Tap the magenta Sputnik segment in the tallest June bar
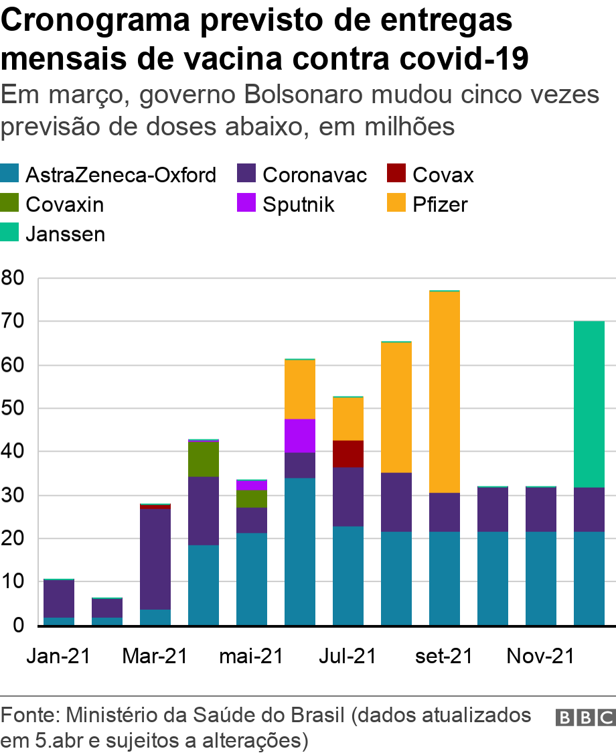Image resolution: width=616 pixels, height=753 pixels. pos(300,435)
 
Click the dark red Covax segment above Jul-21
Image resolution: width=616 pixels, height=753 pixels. pos(348,454)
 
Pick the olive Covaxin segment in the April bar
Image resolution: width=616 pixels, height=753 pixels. pos(204,459)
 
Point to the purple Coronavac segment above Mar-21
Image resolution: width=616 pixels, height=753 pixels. pos(155,559)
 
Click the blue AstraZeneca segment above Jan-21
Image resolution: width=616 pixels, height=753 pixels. pos(59,621)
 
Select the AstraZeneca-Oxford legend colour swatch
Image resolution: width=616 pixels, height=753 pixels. pos(11,176)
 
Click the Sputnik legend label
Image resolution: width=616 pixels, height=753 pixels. pos(298,204)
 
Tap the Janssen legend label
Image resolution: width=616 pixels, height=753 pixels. pos(65,234)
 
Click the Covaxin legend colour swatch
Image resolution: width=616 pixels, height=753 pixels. pos(11,204)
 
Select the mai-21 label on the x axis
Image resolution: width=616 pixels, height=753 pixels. pos(251,656)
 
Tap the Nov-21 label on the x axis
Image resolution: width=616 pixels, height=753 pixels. pos(540,656)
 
